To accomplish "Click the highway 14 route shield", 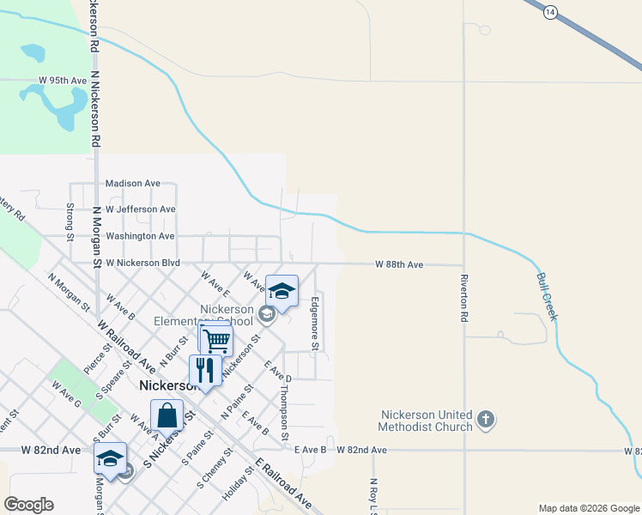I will point(550,10).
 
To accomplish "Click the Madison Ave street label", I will point(133,183).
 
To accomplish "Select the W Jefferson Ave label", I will point(133,209).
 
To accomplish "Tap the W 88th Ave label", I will point(399,265).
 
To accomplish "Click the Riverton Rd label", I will point(464,297).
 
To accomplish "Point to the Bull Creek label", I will point(547,297).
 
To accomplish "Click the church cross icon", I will point(485,420).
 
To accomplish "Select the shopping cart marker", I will point(215,340).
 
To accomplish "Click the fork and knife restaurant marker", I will point(204,370).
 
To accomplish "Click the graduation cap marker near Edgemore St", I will point(282,291).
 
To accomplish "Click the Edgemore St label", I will point(315,324).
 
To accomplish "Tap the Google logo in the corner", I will point(28,505).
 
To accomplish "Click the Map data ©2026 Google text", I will point(588,508).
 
